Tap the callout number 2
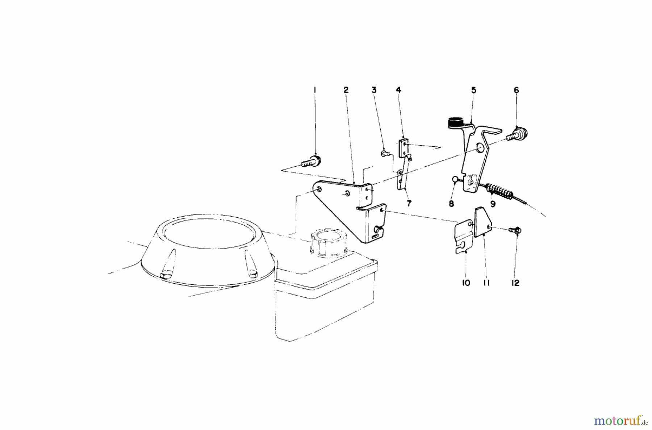click(x=346, y=90)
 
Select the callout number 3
click(x=374, y=90)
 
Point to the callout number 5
click(x=473, y=90)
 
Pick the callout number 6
click(x=516, y=90)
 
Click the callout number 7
click(x=409, y=203)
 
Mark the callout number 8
click(x=451, y=204)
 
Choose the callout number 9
click(x=493, y=204)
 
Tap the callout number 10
click(x=466, y=283)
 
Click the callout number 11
click(x=486, y=283)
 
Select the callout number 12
click(x=515, y=283)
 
